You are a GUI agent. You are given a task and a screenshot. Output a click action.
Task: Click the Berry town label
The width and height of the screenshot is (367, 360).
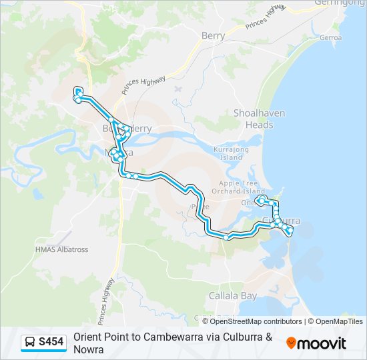pyautogui.click(x=214, y=36)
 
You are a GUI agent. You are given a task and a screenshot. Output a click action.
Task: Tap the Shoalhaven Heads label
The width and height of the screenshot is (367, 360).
pyautogui.click(x=253, y=119)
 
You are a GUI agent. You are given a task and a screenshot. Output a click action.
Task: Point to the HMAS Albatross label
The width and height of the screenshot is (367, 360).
pyautogui.click(x=61, y=249)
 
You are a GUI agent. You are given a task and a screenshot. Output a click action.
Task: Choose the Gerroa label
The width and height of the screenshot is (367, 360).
pyautogui.click(x=330, y=38)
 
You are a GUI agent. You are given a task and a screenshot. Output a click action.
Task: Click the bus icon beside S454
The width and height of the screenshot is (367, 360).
pyautogui.click(x=30, y=343)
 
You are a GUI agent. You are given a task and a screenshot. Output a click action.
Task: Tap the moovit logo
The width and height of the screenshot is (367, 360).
pyautogui.click(x=316, y=343)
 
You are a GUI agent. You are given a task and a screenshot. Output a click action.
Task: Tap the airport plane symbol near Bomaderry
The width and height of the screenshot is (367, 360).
pyautogui.click(x=177, y=88)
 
